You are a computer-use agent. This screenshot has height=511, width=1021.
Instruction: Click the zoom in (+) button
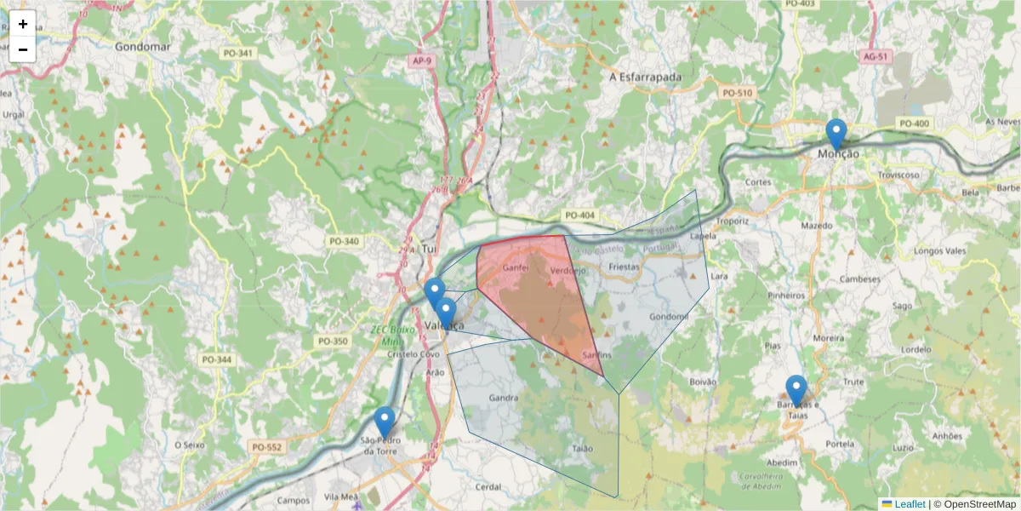tap(23, 24)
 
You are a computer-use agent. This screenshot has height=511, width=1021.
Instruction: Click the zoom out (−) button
tap(23, 49)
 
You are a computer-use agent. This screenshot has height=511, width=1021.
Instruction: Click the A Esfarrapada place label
tap(647, 77)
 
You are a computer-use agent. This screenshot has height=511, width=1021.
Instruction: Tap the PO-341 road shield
tap(237, 53)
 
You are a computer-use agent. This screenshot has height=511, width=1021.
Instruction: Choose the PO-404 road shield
tap(579, 215)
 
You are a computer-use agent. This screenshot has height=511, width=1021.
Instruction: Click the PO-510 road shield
tap(737, 92)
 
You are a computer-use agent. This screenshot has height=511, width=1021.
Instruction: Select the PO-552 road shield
tap(266, 446)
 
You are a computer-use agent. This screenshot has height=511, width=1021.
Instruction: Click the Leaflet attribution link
tap(910, 504)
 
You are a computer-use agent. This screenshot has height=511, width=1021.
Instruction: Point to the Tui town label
tap(429, 249)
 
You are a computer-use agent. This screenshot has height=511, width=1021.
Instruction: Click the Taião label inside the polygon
tap(583, 448)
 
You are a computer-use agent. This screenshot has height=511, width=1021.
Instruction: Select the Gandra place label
tap(505, 398)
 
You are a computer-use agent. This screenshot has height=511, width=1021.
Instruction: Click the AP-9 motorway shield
tap(421, 61)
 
